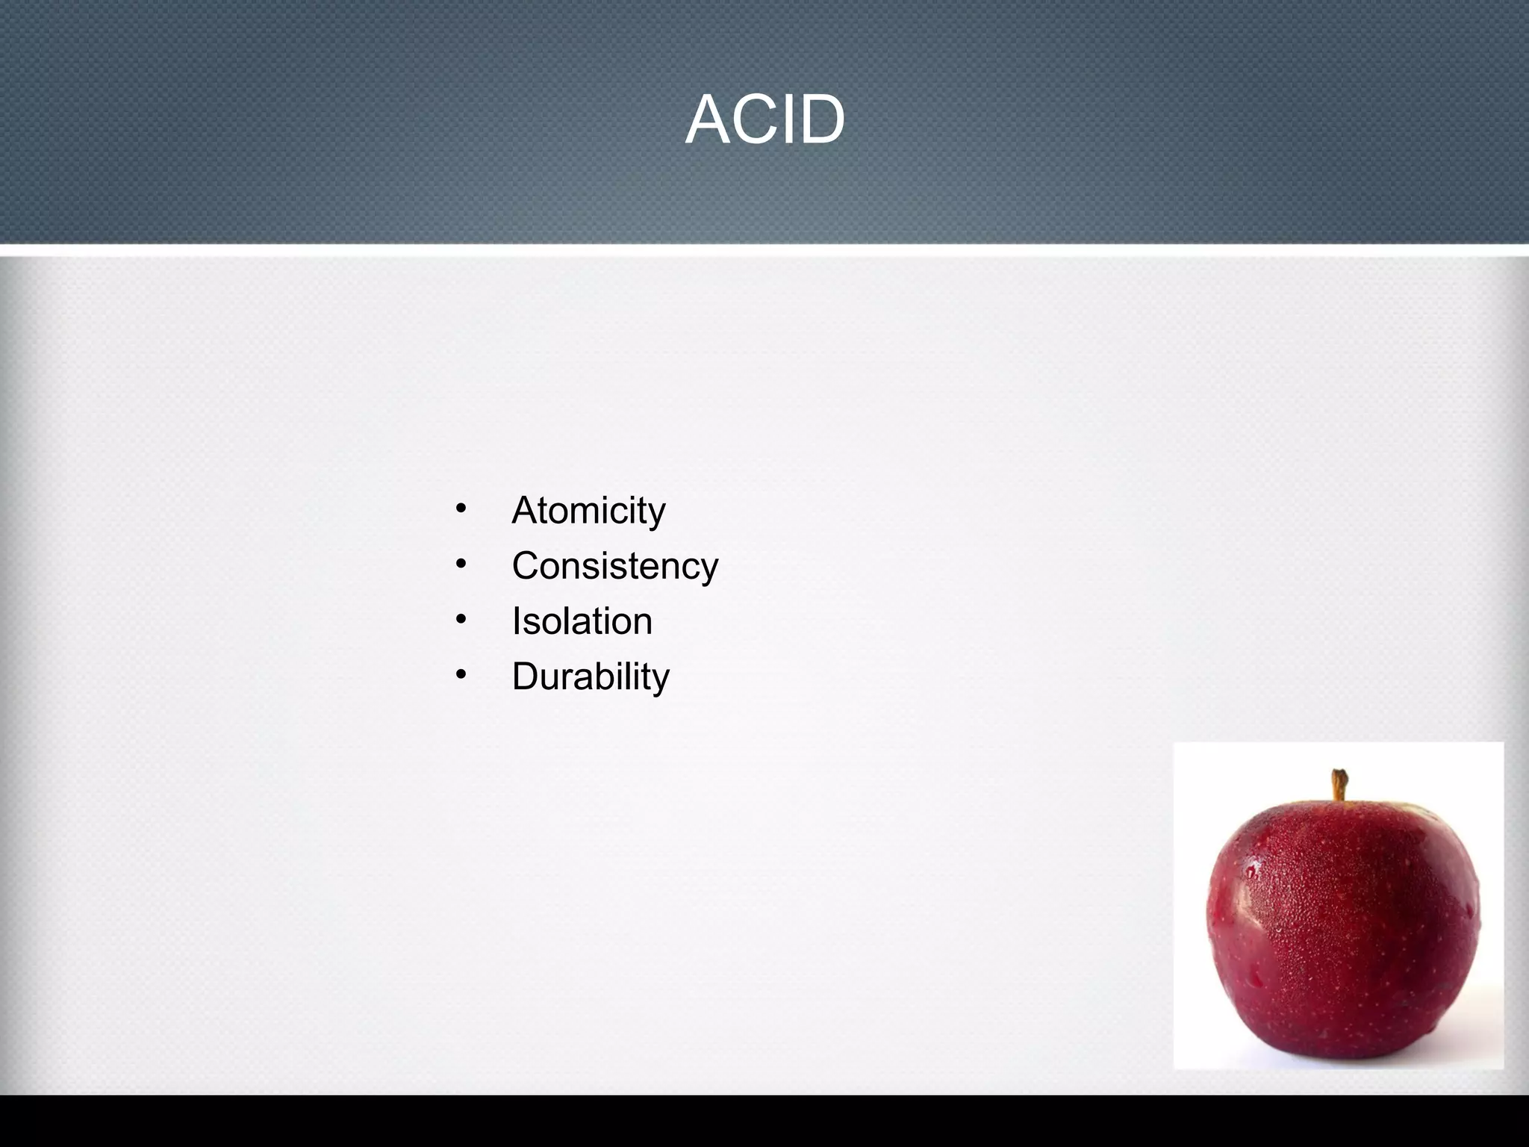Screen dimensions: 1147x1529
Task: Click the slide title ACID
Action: point(764,119)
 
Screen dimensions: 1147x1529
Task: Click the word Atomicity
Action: point(588,511)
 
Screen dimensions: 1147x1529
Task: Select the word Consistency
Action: point(614,566)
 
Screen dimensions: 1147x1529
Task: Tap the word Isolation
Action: point(582,621)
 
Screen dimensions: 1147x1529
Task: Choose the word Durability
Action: point(591,677)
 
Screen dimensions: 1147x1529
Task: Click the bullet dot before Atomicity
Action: point(461,509)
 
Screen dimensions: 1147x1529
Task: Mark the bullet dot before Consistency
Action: point(461,565)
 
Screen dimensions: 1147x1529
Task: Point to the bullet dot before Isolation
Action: point(461,620)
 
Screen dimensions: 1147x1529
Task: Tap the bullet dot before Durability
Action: point(461,675)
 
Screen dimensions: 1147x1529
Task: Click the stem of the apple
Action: point(1340,785)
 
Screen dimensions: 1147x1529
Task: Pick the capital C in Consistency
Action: point(527,565)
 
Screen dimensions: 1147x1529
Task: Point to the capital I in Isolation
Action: point(516,621)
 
